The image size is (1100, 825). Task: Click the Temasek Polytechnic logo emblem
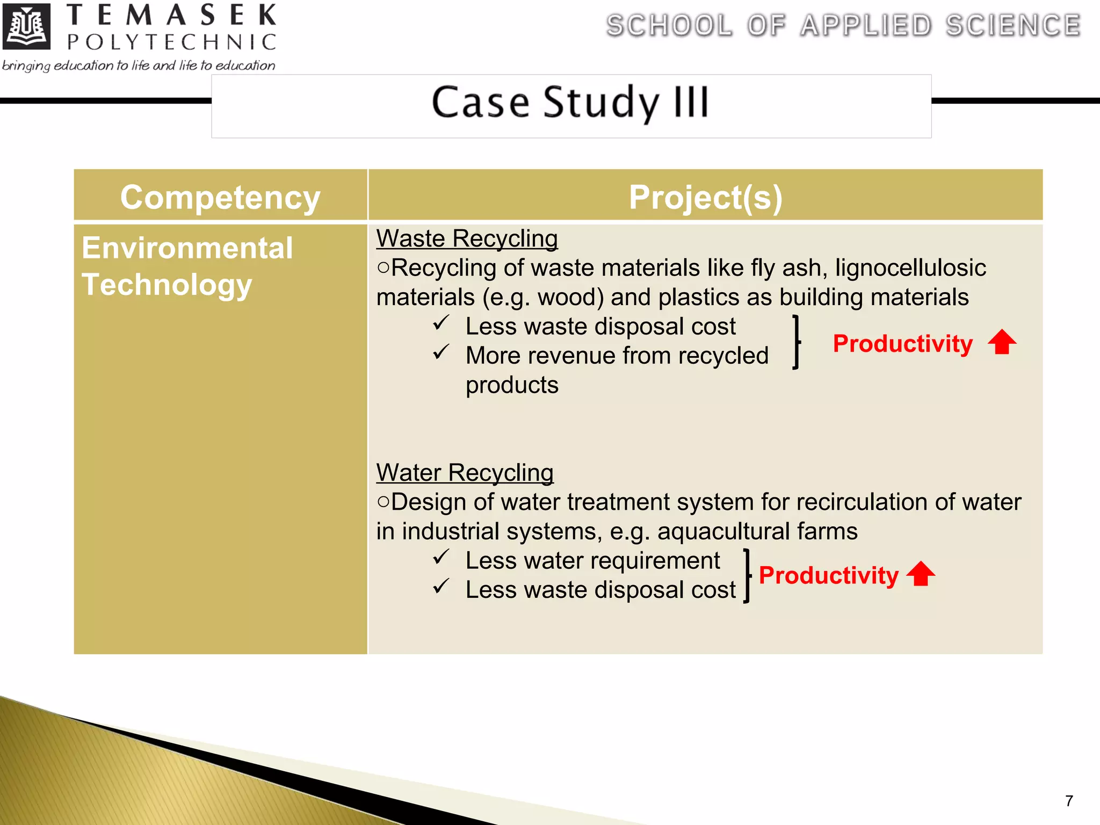click(x=26, y=26)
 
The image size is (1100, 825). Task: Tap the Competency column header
click(x=220, y=197)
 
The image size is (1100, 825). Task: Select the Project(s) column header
click(x=705, y=197)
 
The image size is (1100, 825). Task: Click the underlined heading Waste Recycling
click(x=467, y=238)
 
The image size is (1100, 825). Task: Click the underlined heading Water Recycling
click(x=465, y=473)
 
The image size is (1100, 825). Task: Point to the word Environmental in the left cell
click(x=187, y=248)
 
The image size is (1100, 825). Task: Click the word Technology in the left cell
click(x=167, y=285)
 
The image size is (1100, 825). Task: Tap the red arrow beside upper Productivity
click(x=1002, y=342)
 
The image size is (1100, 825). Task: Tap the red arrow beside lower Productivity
click(x=921, y=574)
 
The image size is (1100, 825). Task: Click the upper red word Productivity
click(x=902, y=344)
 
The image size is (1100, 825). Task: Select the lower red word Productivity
click(x=828, y=576)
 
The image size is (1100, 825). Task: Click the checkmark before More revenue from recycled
click(x=441, y=352)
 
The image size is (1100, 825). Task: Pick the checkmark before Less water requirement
click(x=441, y=557)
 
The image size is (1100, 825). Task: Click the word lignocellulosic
click(x=910, y=268)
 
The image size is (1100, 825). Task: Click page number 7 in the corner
click(x=1069, y=801)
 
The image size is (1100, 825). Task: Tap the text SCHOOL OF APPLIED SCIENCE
click(x=843, y=26)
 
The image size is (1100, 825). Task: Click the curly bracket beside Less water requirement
click(x=747, y=576)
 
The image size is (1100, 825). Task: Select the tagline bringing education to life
click(x=139, y=66)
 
